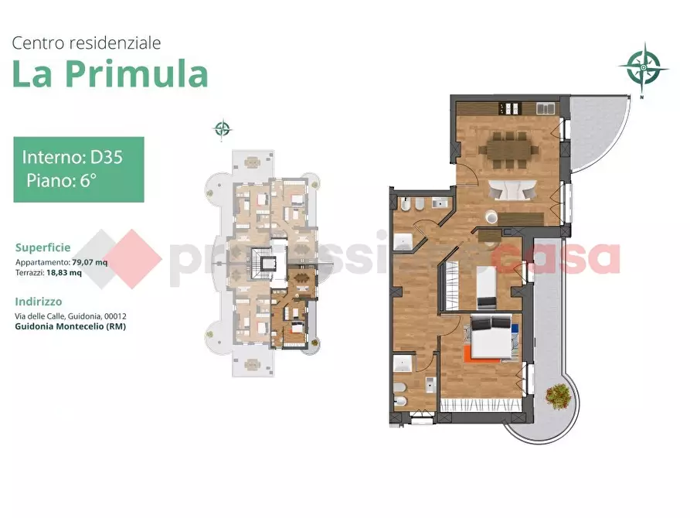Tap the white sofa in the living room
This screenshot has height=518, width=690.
click(x=511, y=189)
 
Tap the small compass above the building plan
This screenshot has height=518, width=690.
click(x=223, y=129)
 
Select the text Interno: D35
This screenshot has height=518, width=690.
click(x=72, y=157)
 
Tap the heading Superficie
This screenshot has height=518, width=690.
click(x=42, y=247)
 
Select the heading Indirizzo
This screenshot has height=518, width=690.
click(x=39, y=302)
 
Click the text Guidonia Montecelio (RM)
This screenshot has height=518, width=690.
click(x=70, y=326)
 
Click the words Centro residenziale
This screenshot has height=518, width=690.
click(x=87, y=43)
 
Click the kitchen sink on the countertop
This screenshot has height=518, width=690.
click(x=542, y=108)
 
